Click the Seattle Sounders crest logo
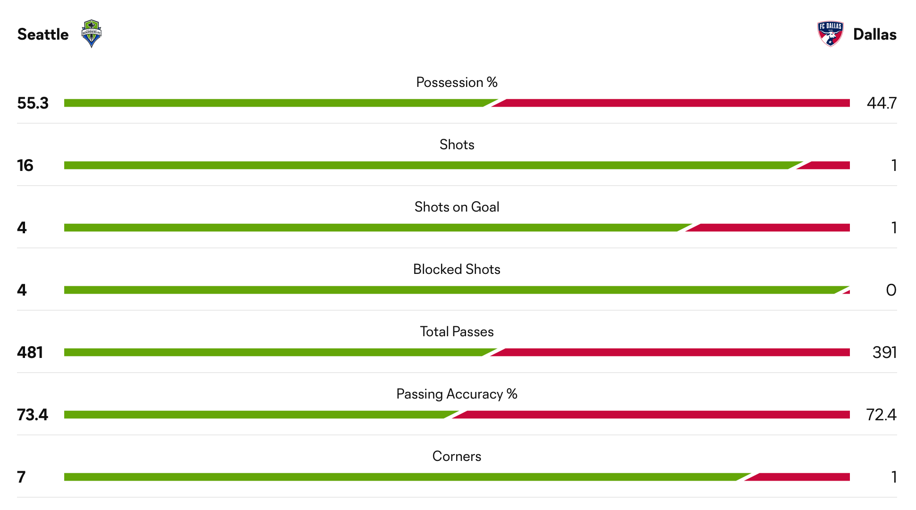click(x=91, y=34)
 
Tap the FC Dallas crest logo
click(x=830, y=34)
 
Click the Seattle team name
click(x=43, y=34)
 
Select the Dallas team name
click(x=874, y=34)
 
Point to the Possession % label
click(x=457, y=82)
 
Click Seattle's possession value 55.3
click(x=33, y=103)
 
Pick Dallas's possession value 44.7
click(x=882, y=103)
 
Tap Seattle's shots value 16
click(x=25, y=165)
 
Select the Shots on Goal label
click(x=457, y=207)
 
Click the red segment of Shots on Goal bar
click(x=770, y=228)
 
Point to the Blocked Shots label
click(x=457, y=269)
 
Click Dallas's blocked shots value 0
click(x=891, y=290)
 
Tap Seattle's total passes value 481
click(x=30, y=352)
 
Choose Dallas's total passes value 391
click(x=884, y=352)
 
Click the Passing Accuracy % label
click(x=457, y=394)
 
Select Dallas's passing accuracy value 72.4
click(x=881, y=415)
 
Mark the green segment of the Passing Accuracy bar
click(x=255, y=415)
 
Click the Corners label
click(x=457, y=456)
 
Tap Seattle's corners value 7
click(x=21, y=477)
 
